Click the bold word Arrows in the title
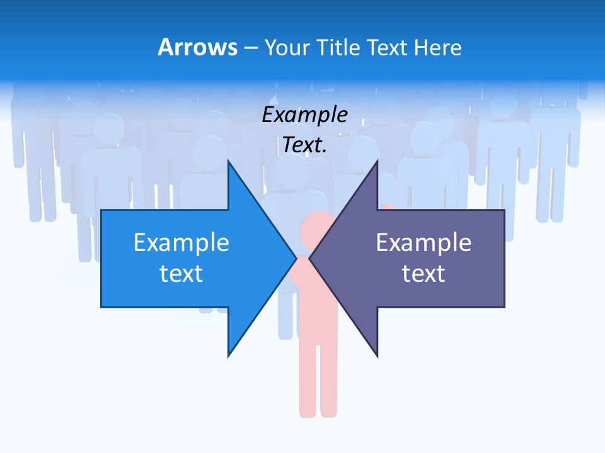(197, 47)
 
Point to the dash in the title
(250, 48)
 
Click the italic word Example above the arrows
(305, 115)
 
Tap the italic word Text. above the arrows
(305, 145)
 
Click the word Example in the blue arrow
(181, 243)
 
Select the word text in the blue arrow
(181, 274)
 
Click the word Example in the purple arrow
(423, 243)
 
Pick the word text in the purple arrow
(423, 274)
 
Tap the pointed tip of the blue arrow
(294, 258)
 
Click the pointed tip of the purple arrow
(311, 258)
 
